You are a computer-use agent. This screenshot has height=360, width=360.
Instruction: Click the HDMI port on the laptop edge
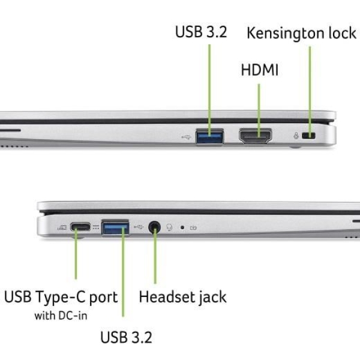256,137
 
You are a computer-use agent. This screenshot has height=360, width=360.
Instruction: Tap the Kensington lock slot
310,137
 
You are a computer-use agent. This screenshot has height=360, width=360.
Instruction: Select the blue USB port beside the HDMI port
209,137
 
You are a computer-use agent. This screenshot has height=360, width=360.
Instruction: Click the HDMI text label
260,70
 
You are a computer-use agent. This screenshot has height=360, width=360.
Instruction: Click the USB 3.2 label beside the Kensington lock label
201,32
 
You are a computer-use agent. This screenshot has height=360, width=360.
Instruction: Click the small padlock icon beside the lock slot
296,137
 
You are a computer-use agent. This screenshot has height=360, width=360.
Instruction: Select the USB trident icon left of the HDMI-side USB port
186,137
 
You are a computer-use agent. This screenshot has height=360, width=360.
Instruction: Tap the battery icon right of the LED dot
194,228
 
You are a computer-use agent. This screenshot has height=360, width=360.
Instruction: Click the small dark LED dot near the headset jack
182,228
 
